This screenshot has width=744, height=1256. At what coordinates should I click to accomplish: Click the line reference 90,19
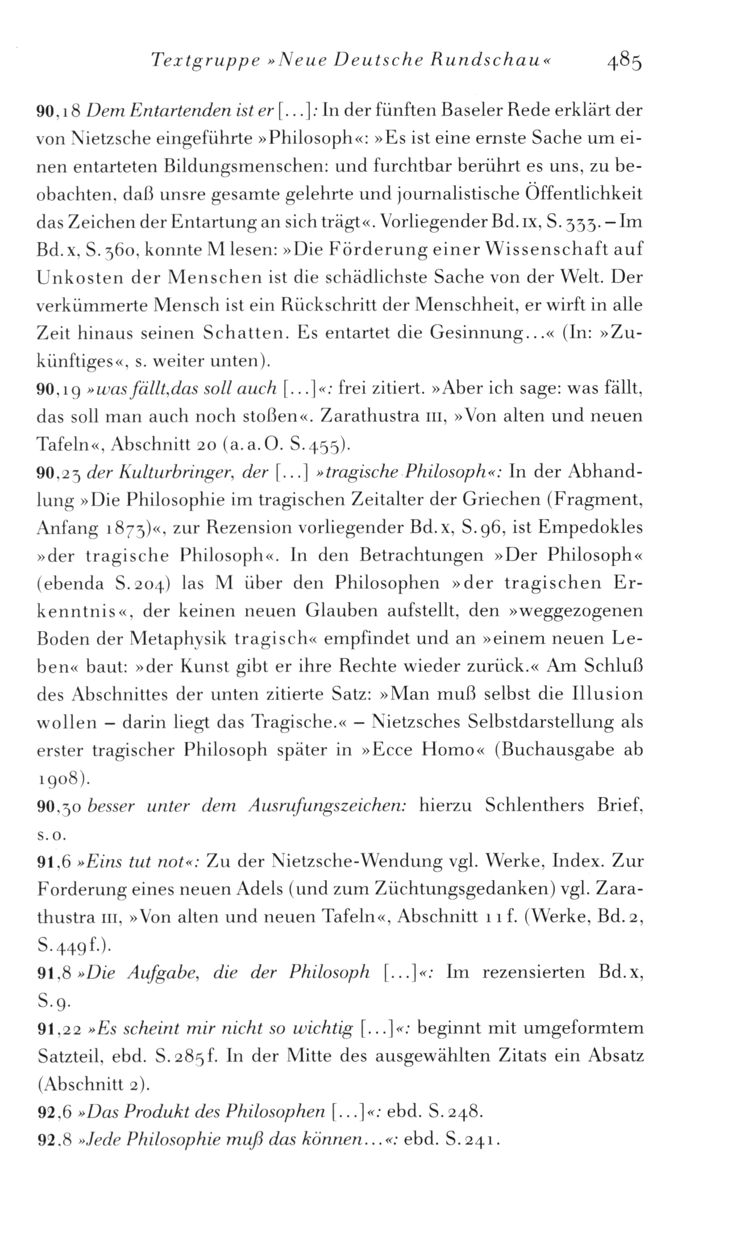tap(57, 389)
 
